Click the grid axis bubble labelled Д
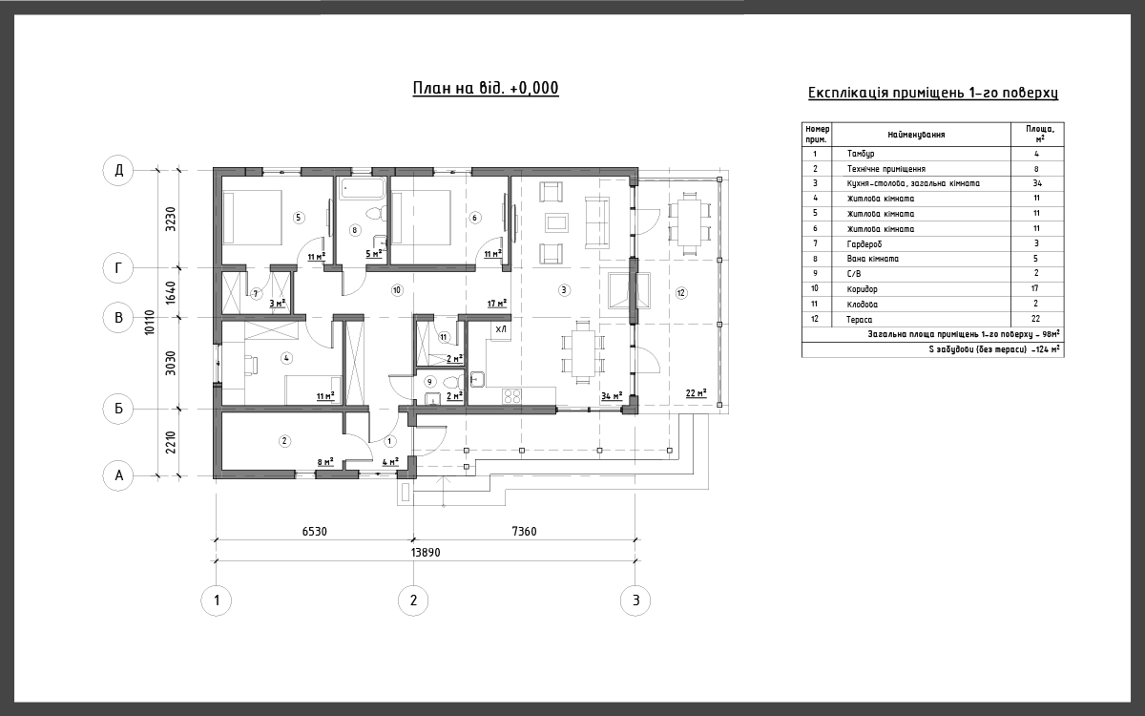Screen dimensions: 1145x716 tap(118, 170)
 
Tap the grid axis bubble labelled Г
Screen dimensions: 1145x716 tap(118, 268)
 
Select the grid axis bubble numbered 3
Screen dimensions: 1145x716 tap(635, 600)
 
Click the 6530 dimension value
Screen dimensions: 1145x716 tap(314, 532)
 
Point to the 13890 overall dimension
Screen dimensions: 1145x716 tap(426, 553)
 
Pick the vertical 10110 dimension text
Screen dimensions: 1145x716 tap(149, 323)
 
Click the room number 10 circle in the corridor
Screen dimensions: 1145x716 tap(397, 290)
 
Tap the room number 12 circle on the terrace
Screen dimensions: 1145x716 tap(681, 293)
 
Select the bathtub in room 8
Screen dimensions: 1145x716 tap(363, 188)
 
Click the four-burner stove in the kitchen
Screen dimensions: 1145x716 tap(511, 396)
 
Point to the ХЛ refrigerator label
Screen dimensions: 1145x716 tap(501, 329)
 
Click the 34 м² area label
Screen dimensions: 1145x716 tap(612, 396)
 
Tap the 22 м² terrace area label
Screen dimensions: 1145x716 tap(697, 392)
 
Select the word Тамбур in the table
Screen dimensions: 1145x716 tap(861, 154)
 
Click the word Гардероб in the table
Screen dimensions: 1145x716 tap(864, 244)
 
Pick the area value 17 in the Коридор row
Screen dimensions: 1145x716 tap(1035, 288)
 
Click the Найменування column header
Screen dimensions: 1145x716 tap(916, 135)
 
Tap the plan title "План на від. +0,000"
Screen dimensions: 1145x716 tap(486, 88)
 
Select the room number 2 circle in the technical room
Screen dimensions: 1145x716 tap(284, 441)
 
